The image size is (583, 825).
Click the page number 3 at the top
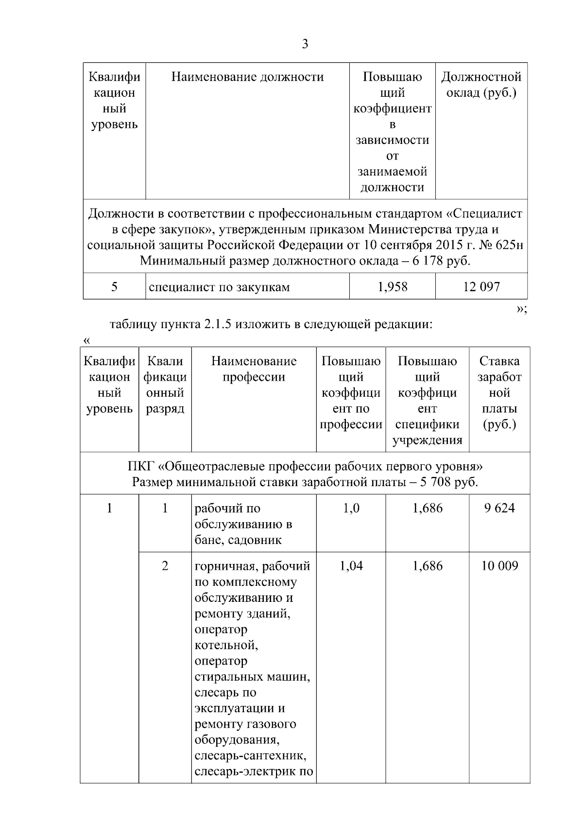coord(305,44)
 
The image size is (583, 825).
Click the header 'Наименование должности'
coord(247,77)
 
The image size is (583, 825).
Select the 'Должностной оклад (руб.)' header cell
coord(481,85)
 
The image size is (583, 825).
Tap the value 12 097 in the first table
coord(481,287)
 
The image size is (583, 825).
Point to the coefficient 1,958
coord(392,287)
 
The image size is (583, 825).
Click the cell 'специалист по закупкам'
coord(219,287)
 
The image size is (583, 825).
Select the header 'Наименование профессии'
coord(254,369)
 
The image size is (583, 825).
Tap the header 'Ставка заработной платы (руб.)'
coord(499,392)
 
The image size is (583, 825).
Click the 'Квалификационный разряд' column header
coord(165,385)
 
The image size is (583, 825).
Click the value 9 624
coord(499,509)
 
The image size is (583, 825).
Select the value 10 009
coord(499,566)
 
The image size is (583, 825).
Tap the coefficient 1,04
coord(351,566)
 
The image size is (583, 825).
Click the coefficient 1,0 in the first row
coord(351,509)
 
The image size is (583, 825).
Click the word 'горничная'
coord(225,566)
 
